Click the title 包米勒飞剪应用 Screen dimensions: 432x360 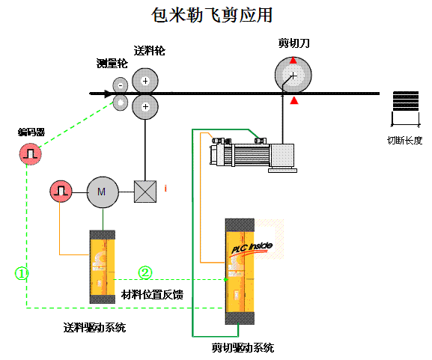point(212,15)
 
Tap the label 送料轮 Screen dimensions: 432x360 point(149,51)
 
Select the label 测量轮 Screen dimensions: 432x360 point(112,64)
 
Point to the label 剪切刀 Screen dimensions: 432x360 point(293,43)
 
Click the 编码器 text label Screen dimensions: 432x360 point(31,132)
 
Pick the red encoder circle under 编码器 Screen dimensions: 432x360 point(30,153)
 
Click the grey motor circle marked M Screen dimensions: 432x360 point(103,192)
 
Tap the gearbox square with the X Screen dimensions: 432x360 point(145,192)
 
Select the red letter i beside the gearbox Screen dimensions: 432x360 point(165,189)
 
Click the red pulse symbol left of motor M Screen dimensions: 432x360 point(61,191)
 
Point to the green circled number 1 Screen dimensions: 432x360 point(21,273)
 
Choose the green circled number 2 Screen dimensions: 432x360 point(145,272)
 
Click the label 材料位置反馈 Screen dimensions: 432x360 point(152,295)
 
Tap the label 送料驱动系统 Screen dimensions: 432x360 point(94,328)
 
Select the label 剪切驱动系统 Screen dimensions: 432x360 point(243,347)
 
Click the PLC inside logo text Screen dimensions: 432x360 point(252,247)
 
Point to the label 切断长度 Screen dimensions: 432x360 point(405,141)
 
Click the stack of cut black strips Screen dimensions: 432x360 point(406,101)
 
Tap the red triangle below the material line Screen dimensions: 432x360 point(294,100)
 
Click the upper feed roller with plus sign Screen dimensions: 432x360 point(145,81)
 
